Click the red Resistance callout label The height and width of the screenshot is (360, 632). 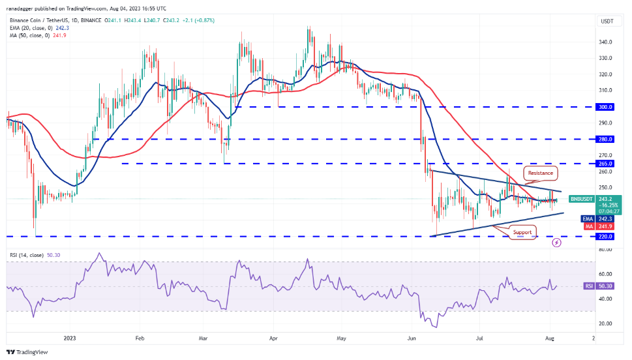(541, 173)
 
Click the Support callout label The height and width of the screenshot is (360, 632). (522, 232)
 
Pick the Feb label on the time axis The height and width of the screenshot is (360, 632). (139, 338)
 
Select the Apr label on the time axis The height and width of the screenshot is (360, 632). (274, 338)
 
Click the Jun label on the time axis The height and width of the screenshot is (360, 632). (412, 338)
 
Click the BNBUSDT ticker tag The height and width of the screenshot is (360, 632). (582, 198)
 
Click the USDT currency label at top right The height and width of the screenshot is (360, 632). (607, 22)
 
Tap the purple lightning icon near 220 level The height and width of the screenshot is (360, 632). (556, 242)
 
